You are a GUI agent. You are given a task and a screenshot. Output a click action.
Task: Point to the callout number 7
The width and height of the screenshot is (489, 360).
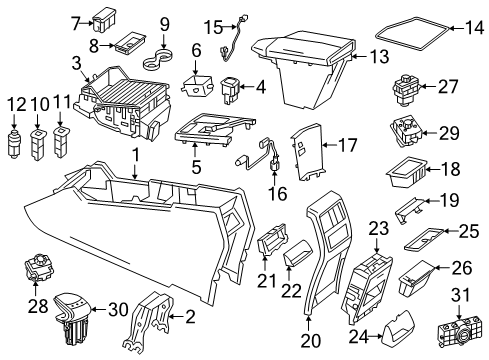(x=77, y=20)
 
